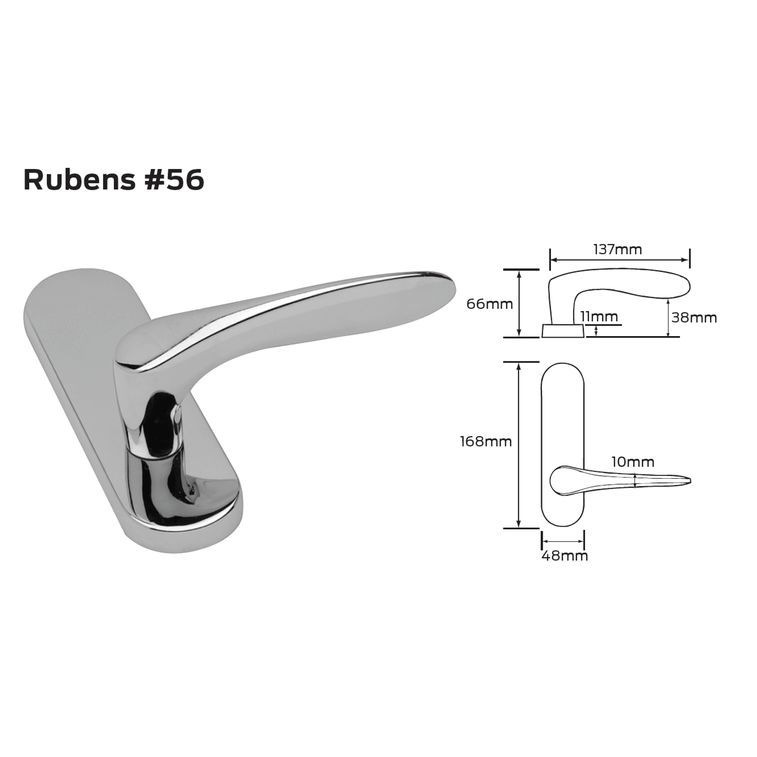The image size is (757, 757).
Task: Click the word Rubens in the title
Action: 79,180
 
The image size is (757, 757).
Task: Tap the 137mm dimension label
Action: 617,249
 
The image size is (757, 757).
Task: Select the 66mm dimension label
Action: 489,304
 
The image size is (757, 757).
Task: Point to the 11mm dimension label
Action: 599,317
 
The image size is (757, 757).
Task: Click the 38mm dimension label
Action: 694,318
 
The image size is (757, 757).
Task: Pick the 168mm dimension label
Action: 486,441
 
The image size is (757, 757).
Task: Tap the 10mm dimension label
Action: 632,462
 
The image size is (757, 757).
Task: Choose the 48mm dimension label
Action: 565,556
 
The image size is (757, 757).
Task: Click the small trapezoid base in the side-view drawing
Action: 562,331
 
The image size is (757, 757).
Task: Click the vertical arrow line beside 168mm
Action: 519,445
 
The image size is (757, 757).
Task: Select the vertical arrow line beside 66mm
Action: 519,304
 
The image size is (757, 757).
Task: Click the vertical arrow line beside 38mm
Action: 668,318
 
